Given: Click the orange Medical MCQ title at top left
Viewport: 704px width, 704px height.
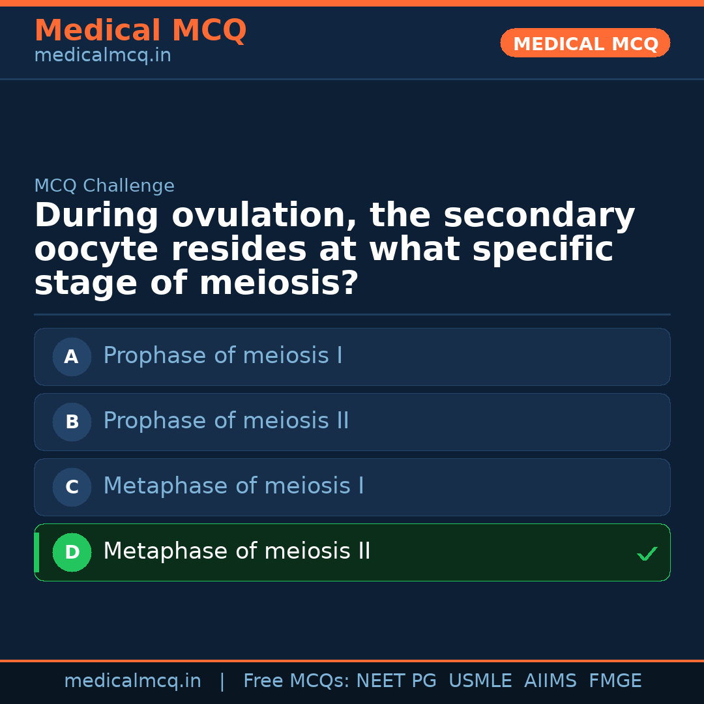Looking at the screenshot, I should [140, 31].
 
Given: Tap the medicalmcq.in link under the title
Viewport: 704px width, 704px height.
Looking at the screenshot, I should [102, 56].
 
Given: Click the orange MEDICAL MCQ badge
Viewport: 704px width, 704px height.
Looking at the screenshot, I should [585, 44].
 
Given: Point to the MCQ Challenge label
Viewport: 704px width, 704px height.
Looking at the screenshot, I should [104, 186].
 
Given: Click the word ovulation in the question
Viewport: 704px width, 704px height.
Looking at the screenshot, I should [265, 216].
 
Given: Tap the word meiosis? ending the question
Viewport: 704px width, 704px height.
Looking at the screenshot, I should [278, 284].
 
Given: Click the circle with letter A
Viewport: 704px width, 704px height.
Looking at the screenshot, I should [72, 357].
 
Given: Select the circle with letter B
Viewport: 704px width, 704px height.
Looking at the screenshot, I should [72, 422].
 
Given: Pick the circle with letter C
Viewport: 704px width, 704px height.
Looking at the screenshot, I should [72, 488].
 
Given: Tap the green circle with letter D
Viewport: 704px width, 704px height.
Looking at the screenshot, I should [72, 553].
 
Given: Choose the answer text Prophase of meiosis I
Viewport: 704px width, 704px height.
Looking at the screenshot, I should [223, 357].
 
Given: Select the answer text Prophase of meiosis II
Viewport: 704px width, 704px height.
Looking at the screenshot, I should [226, 422].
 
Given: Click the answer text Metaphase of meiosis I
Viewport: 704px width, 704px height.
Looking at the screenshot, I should [233, 487].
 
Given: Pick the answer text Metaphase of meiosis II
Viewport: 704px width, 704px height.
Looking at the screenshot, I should [237, 552].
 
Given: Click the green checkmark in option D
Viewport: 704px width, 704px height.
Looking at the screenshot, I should [647, 554].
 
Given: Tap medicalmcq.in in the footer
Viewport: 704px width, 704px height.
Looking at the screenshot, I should [132, 681].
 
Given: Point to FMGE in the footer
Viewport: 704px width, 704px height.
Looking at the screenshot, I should [615, 681].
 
